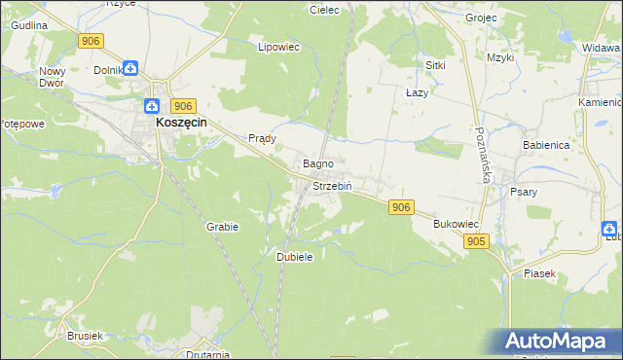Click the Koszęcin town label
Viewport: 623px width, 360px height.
point(186,125)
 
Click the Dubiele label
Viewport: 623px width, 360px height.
point(294,256)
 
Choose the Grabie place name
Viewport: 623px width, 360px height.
point(222,226)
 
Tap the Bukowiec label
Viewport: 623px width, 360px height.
point(456,223)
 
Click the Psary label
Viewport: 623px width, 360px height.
point(524,192)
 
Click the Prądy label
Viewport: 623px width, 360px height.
point(263,138)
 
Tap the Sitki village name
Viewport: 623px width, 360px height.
point(435,64)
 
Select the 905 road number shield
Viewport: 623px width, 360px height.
point(475,241)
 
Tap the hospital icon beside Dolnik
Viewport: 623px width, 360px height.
point(130,68)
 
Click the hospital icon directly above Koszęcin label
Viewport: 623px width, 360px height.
point(153,106)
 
